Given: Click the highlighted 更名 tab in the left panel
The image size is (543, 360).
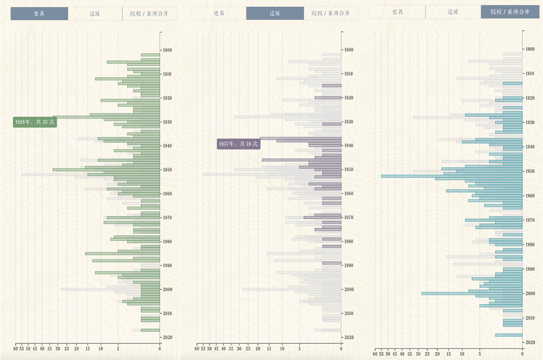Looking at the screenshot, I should (39, 14).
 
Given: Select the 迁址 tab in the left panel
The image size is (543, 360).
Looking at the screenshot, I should (94, 14).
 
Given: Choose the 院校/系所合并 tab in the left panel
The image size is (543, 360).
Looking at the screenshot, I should (149, 14).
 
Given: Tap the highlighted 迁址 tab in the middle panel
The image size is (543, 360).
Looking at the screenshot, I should (275, 14).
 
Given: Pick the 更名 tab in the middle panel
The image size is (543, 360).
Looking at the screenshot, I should (219, 14).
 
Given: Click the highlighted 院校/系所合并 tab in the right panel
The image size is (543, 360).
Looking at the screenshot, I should (510, 11).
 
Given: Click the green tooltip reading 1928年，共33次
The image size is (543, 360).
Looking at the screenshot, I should (35, 122).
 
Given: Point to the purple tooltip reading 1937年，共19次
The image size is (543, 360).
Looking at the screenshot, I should (238, 144).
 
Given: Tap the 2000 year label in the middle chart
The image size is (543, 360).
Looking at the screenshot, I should (349, 289).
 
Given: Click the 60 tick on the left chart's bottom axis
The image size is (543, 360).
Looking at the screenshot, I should (15, 349).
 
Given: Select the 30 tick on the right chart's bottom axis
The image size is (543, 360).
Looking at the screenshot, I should (418, 354).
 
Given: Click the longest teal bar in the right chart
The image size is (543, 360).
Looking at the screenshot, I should (451, 176).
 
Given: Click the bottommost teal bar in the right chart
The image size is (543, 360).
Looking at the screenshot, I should (509, 335).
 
